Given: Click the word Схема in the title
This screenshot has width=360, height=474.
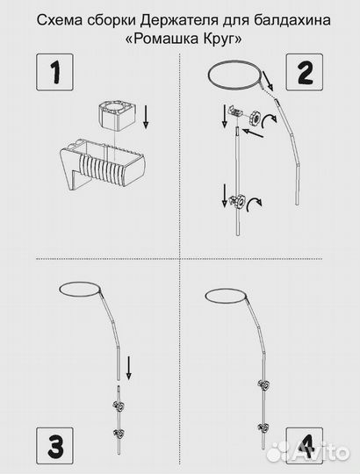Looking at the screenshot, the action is [x=59, y=20].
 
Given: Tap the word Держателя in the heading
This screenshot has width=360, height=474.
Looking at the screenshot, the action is [x=178, y=21].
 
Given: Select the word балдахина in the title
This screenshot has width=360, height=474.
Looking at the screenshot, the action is [x=292, y=20].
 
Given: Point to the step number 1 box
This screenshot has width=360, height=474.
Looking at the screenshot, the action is [x=54, y=72].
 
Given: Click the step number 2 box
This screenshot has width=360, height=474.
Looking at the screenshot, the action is [x=305, y=72].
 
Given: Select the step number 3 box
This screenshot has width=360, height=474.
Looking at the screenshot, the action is [x=54, y=446].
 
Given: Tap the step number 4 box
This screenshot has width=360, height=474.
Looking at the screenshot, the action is [x=305, y=446].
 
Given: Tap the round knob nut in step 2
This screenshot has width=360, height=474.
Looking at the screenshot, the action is [x=256, y=117].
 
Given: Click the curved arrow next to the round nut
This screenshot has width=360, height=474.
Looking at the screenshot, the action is [x=269, y=121].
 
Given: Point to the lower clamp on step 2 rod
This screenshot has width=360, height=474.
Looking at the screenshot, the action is [x=238, y=201].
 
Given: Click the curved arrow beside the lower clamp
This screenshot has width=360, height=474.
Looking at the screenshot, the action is [x=254, y=205].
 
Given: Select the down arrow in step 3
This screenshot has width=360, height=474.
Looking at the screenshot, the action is [x=129, y=368].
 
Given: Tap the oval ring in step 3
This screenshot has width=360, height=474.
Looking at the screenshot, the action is [x=80, y=290].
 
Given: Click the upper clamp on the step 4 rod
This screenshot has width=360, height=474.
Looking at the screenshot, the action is [x=263, y=385].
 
